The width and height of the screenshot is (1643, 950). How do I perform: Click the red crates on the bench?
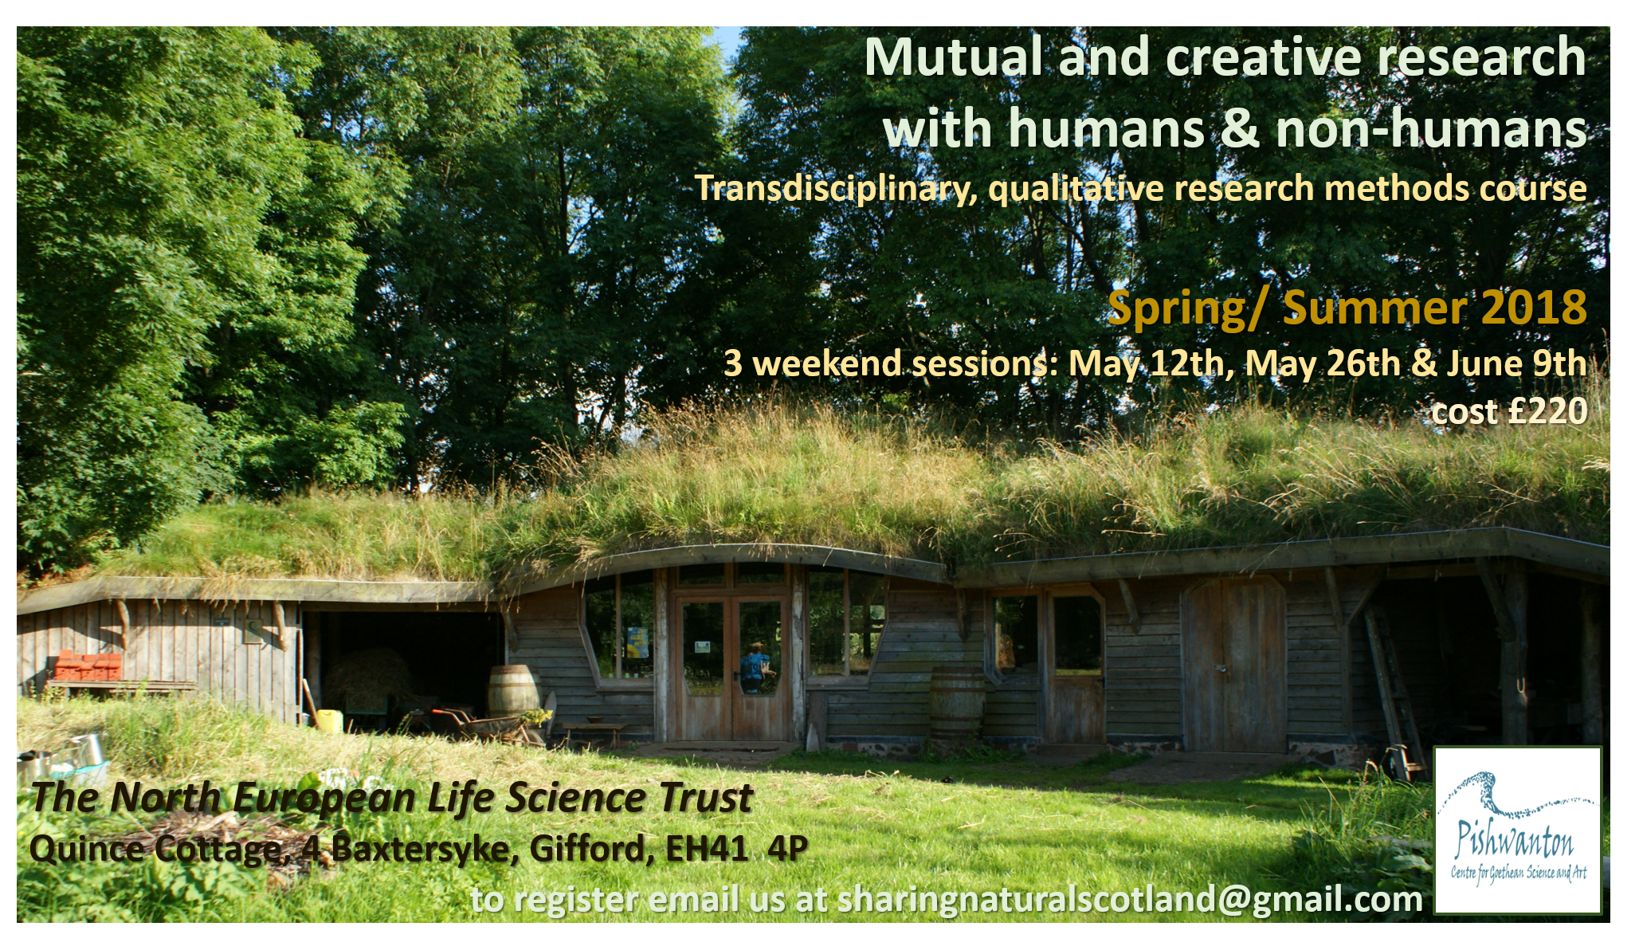tap(88, 666)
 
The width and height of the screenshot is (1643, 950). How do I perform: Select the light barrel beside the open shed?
tap(512, 690)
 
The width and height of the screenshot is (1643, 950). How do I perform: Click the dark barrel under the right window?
tap(957, 703)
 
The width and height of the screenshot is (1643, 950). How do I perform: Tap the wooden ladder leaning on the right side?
tap(1391, 690)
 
